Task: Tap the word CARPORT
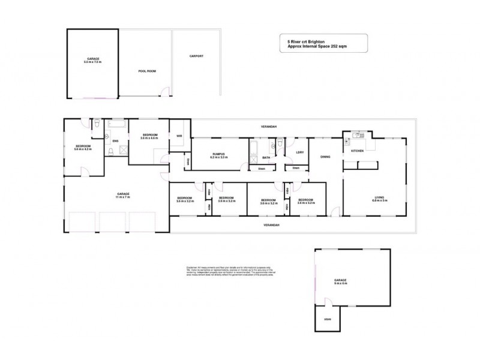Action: point(196,56)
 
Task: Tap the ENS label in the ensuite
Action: point(115,142)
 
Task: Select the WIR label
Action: point(179,136)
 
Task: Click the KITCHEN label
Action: point(358,151)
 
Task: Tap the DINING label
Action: point(325,157)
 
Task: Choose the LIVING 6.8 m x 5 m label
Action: point(379,199)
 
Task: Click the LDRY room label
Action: point(299,152)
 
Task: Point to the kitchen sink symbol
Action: point(356,134)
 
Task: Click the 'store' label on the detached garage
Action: point(327,319)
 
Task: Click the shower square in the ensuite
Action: point(110,151)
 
